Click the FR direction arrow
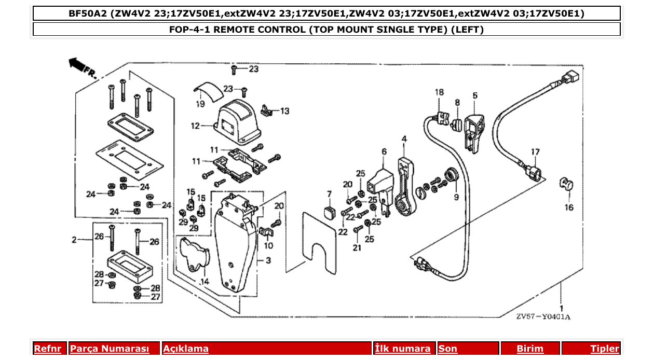coord(78,64)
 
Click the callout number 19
coord(200,104)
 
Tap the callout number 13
coord(285,111)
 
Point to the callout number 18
coord(440,92)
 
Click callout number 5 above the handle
coord(475,95)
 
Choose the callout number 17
coord(535,152)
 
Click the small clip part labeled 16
coord(566,184)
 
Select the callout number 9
coord(456,197)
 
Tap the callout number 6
coord(384,151)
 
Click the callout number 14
coord(204,281)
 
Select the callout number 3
coord(268,260)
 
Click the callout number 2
coord(74,240)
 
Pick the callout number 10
coord(268,245)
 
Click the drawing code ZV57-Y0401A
coord(543,317)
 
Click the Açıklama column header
coord(186,349)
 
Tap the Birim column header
coord(529,349)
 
